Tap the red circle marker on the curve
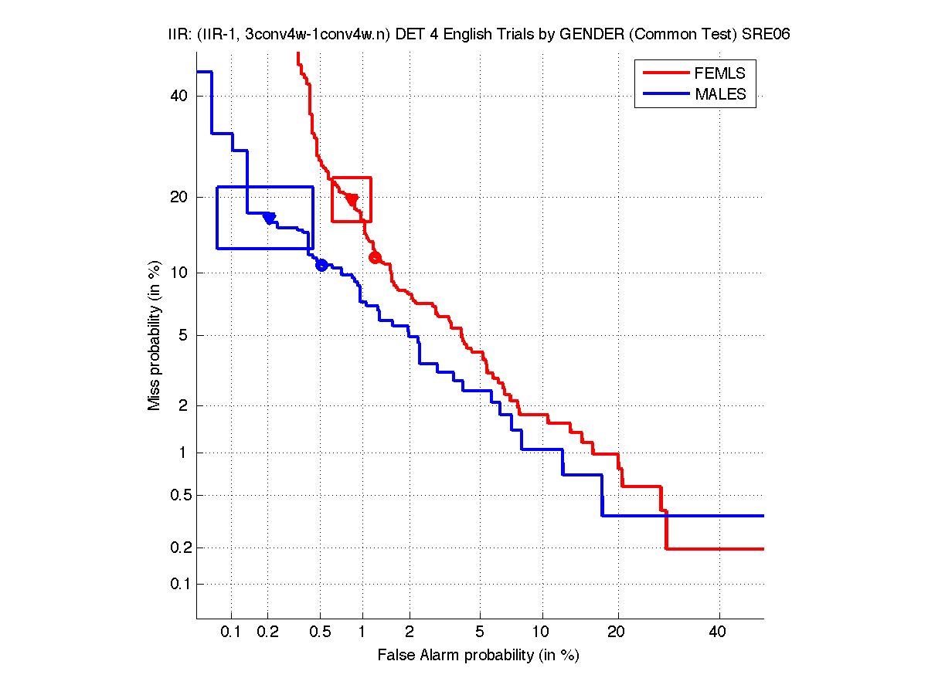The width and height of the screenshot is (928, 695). tap(376, 257)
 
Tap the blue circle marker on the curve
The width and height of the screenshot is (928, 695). tap(321, 265)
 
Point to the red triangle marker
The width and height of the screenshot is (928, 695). tap(352, 199)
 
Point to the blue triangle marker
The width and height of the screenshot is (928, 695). tap(270, 218)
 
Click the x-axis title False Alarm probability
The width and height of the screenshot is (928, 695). tap(478, 656)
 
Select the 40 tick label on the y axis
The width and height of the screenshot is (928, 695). tap(178, 96)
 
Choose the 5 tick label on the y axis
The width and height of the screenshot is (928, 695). tap(182, 335)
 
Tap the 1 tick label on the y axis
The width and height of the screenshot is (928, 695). tap(182, 453)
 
